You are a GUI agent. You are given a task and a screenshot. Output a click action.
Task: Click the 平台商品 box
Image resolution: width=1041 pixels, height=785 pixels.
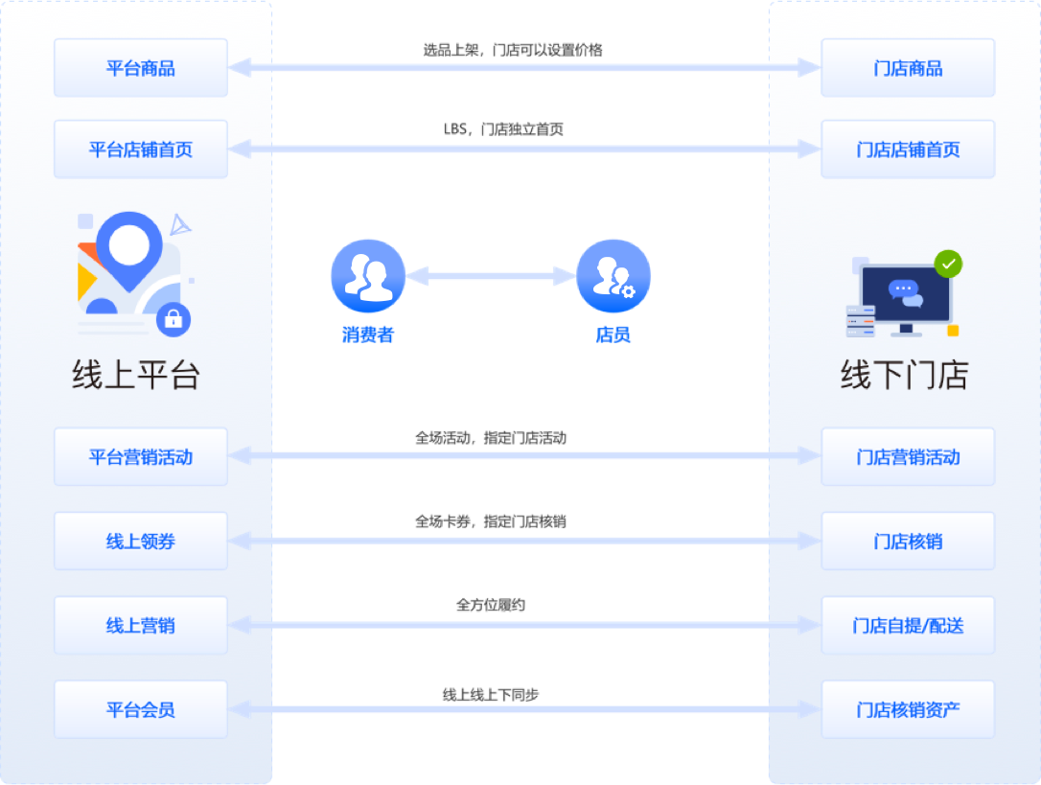click(141, 68)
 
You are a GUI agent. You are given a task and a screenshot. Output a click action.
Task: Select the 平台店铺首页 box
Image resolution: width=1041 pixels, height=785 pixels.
click(141, 150)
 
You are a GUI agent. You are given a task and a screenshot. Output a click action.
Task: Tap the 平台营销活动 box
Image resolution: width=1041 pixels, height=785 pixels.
click(141, 457)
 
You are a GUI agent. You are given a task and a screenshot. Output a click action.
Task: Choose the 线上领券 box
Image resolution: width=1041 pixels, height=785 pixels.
click(141, 542)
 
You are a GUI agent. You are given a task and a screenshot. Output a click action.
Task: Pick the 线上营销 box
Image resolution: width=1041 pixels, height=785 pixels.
click(141, 626)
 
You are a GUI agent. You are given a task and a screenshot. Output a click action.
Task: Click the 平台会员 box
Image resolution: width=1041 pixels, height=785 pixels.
click(141, 710)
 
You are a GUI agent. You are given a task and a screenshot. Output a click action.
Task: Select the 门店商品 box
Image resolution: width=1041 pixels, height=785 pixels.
click(908, 68)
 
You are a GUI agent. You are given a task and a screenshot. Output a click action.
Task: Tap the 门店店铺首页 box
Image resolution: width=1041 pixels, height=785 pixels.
click(908, 150)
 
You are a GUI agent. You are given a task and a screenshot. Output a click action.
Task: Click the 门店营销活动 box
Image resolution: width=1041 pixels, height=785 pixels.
click(908, 457)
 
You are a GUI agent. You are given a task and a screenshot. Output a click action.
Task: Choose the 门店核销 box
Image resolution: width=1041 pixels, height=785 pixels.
click(908, 542)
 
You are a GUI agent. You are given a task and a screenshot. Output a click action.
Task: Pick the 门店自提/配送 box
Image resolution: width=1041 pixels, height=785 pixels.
click(908, 626)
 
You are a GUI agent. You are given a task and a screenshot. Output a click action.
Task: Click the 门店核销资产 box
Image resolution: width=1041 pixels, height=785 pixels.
click(908, 710)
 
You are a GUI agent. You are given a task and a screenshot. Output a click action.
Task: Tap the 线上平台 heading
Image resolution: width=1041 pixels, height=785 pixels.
click(136, 375)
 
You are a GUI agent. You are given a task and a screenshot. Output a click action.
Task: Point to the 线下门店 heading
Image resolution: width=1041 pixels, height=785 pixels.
click(904, 375)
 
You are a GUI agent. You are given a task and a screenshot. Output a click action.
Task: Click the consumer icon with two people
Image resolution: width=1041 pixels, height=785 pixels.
click(367, 276)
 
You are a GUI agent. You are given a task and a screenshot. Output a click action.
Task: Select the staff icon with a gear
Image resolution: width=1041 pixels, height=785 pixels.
click(613, 276)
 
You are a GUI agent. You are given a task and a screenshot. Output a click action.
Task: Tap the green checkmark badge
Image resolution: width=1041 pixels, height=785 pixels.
click(948, 264)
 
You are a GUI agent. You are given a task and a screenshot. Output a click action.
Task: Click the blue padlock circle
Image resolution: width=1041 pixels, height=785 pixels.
click(173, 319)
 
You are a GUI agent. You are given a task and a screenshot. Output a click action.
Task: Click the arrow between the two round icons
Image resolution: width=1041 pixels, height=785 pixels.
click(490, 276)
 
